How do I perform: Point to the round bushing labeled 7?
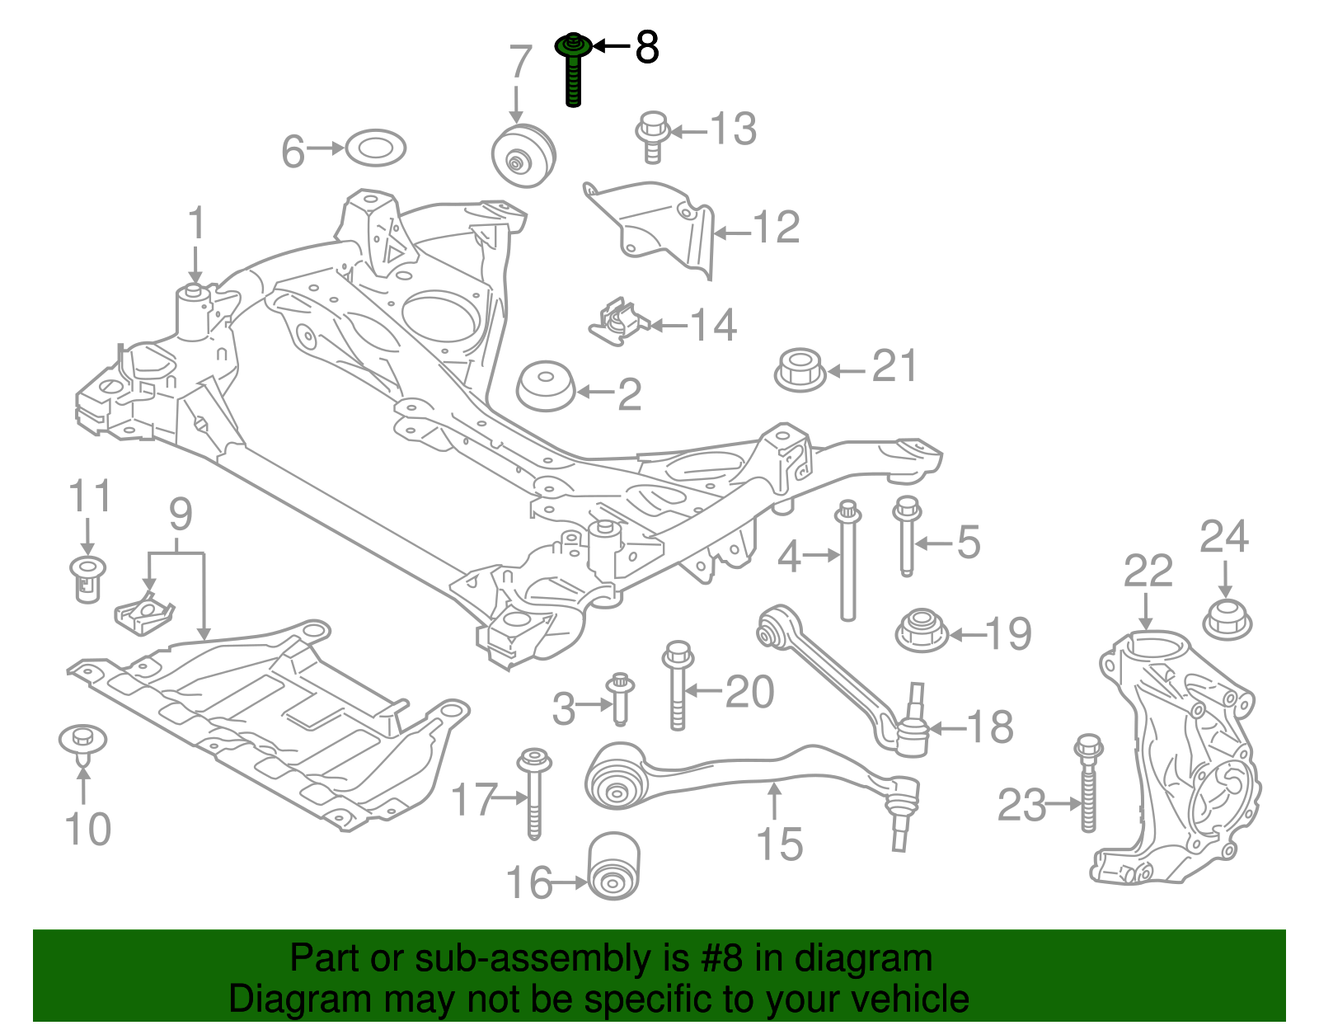point(523,157)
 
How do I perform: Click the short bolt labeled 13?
point(651,137)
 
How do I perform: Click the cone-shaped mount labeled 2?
point(546,386)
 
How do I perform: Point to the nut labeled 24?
point(1227,620)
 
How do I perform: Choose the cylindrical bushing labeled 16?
point(613,866)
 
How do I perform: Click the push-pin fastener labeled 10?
point(83,740)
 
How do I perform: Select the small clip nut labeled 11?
point(87,577)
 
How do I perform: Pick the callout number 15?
point(779,844)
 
